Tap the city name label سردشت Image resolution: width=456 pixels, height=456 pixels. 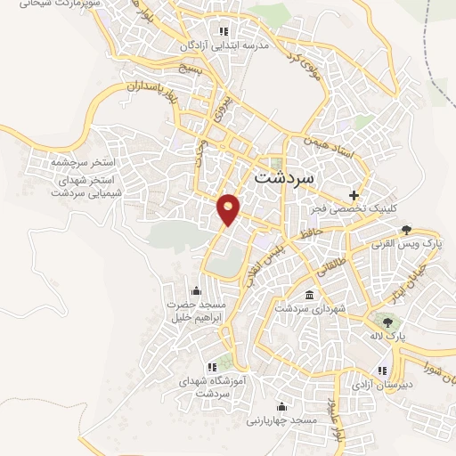point(285,175)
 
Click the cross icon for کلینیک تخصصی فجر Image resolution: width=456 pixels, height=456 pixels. point(354,194)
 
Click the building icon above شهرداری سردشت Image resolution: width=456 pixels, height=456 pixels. point(308,294)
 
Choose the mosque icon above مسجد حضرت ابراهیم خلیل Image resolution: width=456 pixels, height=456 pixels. point(196,290)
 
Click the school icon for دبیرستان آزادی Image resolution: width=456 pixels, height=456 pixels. point(381,370)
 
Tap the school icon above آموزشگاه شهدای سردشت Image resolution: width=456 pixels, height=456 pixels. point(212,366)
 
